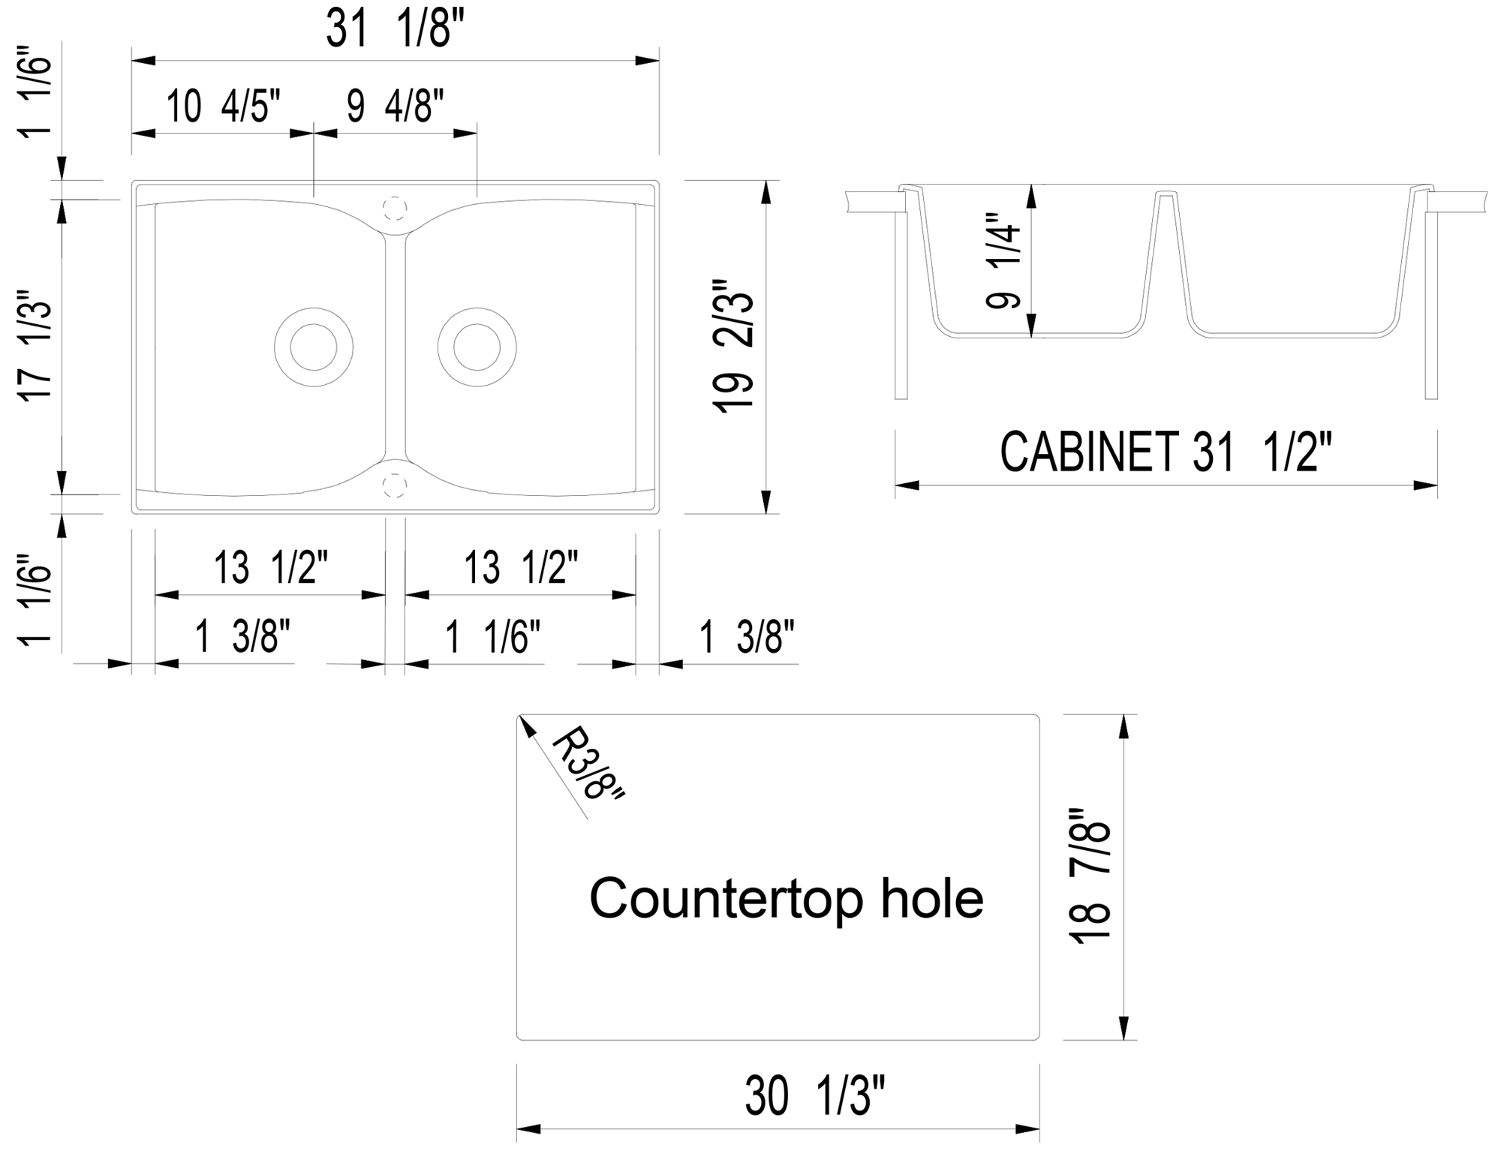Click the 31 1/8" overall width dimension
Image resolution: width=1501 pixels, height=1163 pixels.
(395, 31)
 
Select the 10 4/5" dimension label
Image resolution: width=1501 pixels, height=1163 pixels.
(223, 106)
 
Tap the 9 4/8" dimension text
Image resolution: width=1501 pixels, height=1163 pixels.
(395, 106)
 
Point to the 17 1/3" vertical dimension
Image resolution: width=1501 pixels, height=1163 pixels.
(36, 346)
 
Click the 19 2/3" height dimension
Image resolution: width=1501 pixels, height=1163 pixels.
(733, 346)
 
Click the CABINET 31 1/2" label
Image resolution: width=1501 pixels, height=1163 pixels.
(1165, 452)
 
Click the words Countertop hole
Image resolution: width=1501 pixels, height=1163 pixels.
(786, 898)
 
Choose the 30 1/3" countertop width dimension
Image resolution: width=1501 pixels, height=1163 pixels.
(815, 1095)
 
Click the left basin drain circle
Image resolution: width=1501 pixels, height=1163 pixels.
(314, 347)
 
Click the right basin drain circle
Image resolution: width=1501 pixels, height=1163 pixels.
(477, 347)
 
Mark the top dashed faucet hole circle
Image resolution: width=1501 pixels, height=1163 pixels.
(395, 208)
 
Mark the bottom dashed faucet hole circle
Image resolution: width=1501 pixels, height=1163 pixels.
(395, 485)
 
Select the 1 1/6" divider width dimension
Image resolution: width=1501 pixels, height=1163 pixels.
(492, 637)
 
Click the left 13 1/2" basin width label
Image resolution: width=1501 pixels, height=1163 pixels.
(271, 567)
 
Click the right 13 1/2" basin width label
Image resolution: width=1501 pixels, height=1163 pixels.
(521, 567)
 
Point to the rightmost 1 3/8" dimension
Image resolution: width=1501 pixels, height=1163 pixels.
(746, 637)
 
